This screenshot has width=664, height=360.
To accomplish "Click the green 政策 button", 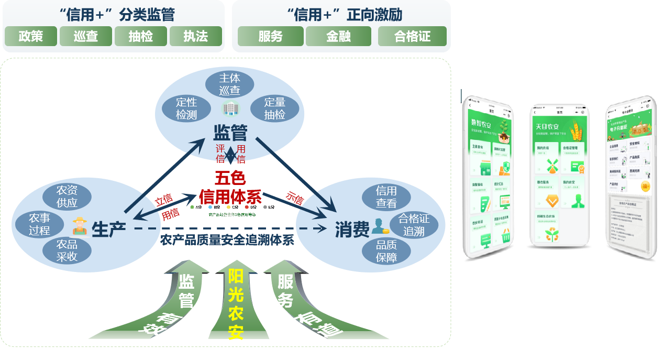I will pos(30,36).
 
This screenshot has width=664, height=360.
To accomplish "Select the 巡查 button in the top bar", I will pos(86,36).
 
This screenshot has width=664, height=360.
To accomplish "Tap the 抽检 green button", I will pos(141,36).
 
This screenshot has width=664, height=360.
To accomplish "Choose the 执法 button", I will pos(195,36).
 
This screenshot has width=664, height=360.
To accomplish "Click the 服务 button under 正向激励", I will pos(270,36).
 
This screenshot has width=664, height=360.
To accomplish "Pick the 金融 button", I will pos(338,36).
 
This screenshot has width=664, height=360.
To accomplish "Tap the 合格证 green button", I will pos(412,36).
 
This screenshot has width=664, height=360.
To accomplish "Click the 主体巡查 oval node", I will pos(229,84).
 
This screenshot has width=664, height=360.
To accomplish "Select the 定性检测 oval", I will pos(186,108).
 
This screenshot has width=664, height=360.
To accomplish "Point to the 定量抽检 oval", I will pos(275,108).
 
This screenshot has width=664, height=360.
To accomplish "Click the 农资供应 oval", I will pos(67,197).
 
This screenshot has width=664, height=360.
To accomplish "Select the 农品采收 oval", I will pos(67,250).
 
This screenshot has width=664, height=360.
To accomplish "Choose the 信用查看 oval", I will pos(386,197).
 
